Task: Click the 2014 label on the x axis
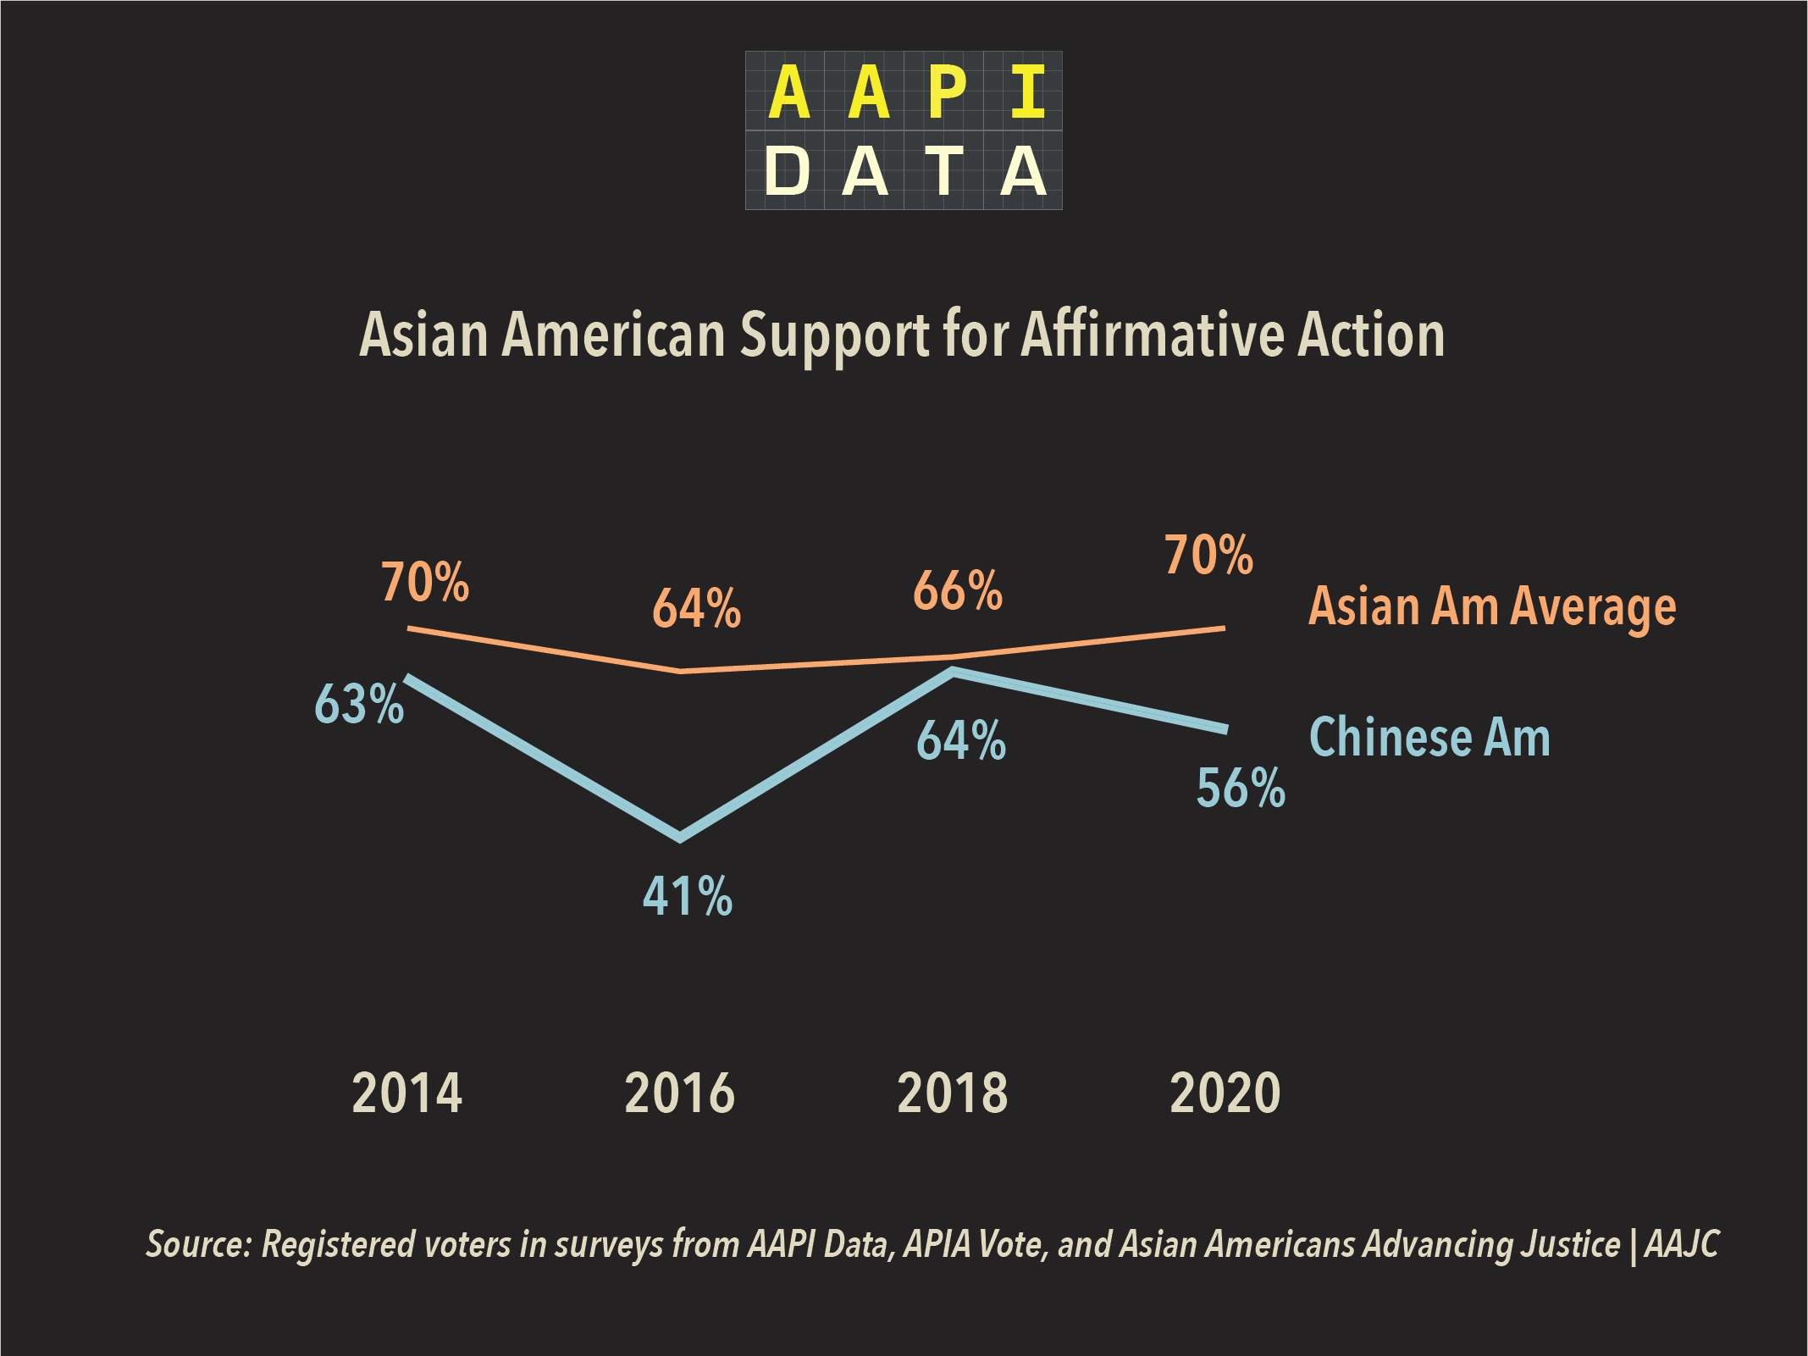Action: point(407,1093)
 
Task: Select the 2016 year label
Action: point(679,1093)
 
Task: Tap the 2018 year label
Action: point(953,1093)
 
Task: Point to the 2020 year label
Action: point(1225,1093)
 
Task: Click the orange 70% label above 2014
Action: point(425,583)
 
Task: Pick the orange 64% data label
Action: point(696,608)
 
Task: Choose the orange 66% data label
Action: point(958,590)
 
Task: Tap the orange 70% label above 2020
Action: point(1208,556)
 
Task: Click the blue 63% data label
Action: point(359,704)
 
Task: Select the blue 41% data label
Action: point(688,896)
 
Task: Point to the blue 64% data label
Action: point(961,740)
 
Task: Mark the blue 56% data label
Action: point(1241,788)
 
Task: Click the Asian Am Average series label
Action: point(1492,607)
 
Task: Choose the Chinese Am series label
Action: point(1429,737)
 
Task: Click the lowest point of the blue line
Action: point(680,837)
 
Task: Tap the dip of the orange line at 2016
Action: point(681,671)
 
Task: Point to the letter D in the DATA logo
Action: point(787,171)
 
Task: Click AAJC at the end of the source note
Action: point(1682,1244)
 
